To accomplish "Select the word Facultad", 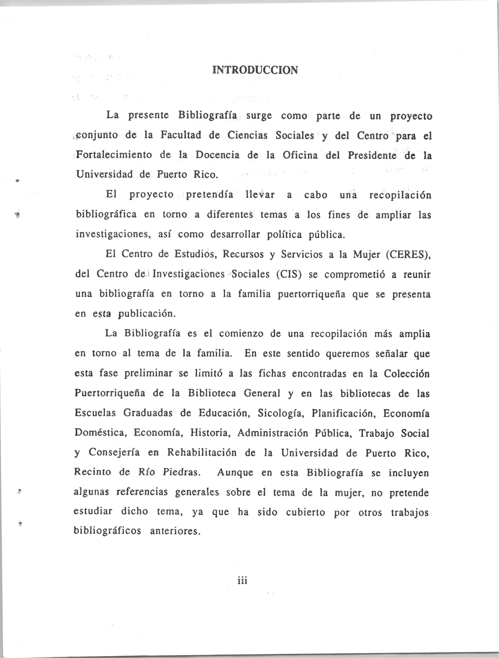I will pyautogui.click(x=180, y=135).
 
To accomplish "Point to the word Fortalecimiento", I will pyautogui.click(x=114, y=155).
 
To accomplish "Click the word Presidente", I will pyautogui.click(x=372, y=155).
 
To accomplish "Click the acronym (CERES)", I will pyautogui.click(x=408, y=255).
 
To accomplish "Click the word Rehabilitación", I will pyautogui.click(x=202, y=453).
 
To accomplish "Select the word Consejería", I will pyautogui.click(x=114, y=453).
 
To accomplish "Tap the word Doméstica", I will pyautogui.click(x=101, y=433).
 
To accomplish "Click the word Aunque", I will pyautogui.click(x=235, y=472).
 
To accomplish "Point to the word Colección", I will pyautogui.click(x=407, y=374).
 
